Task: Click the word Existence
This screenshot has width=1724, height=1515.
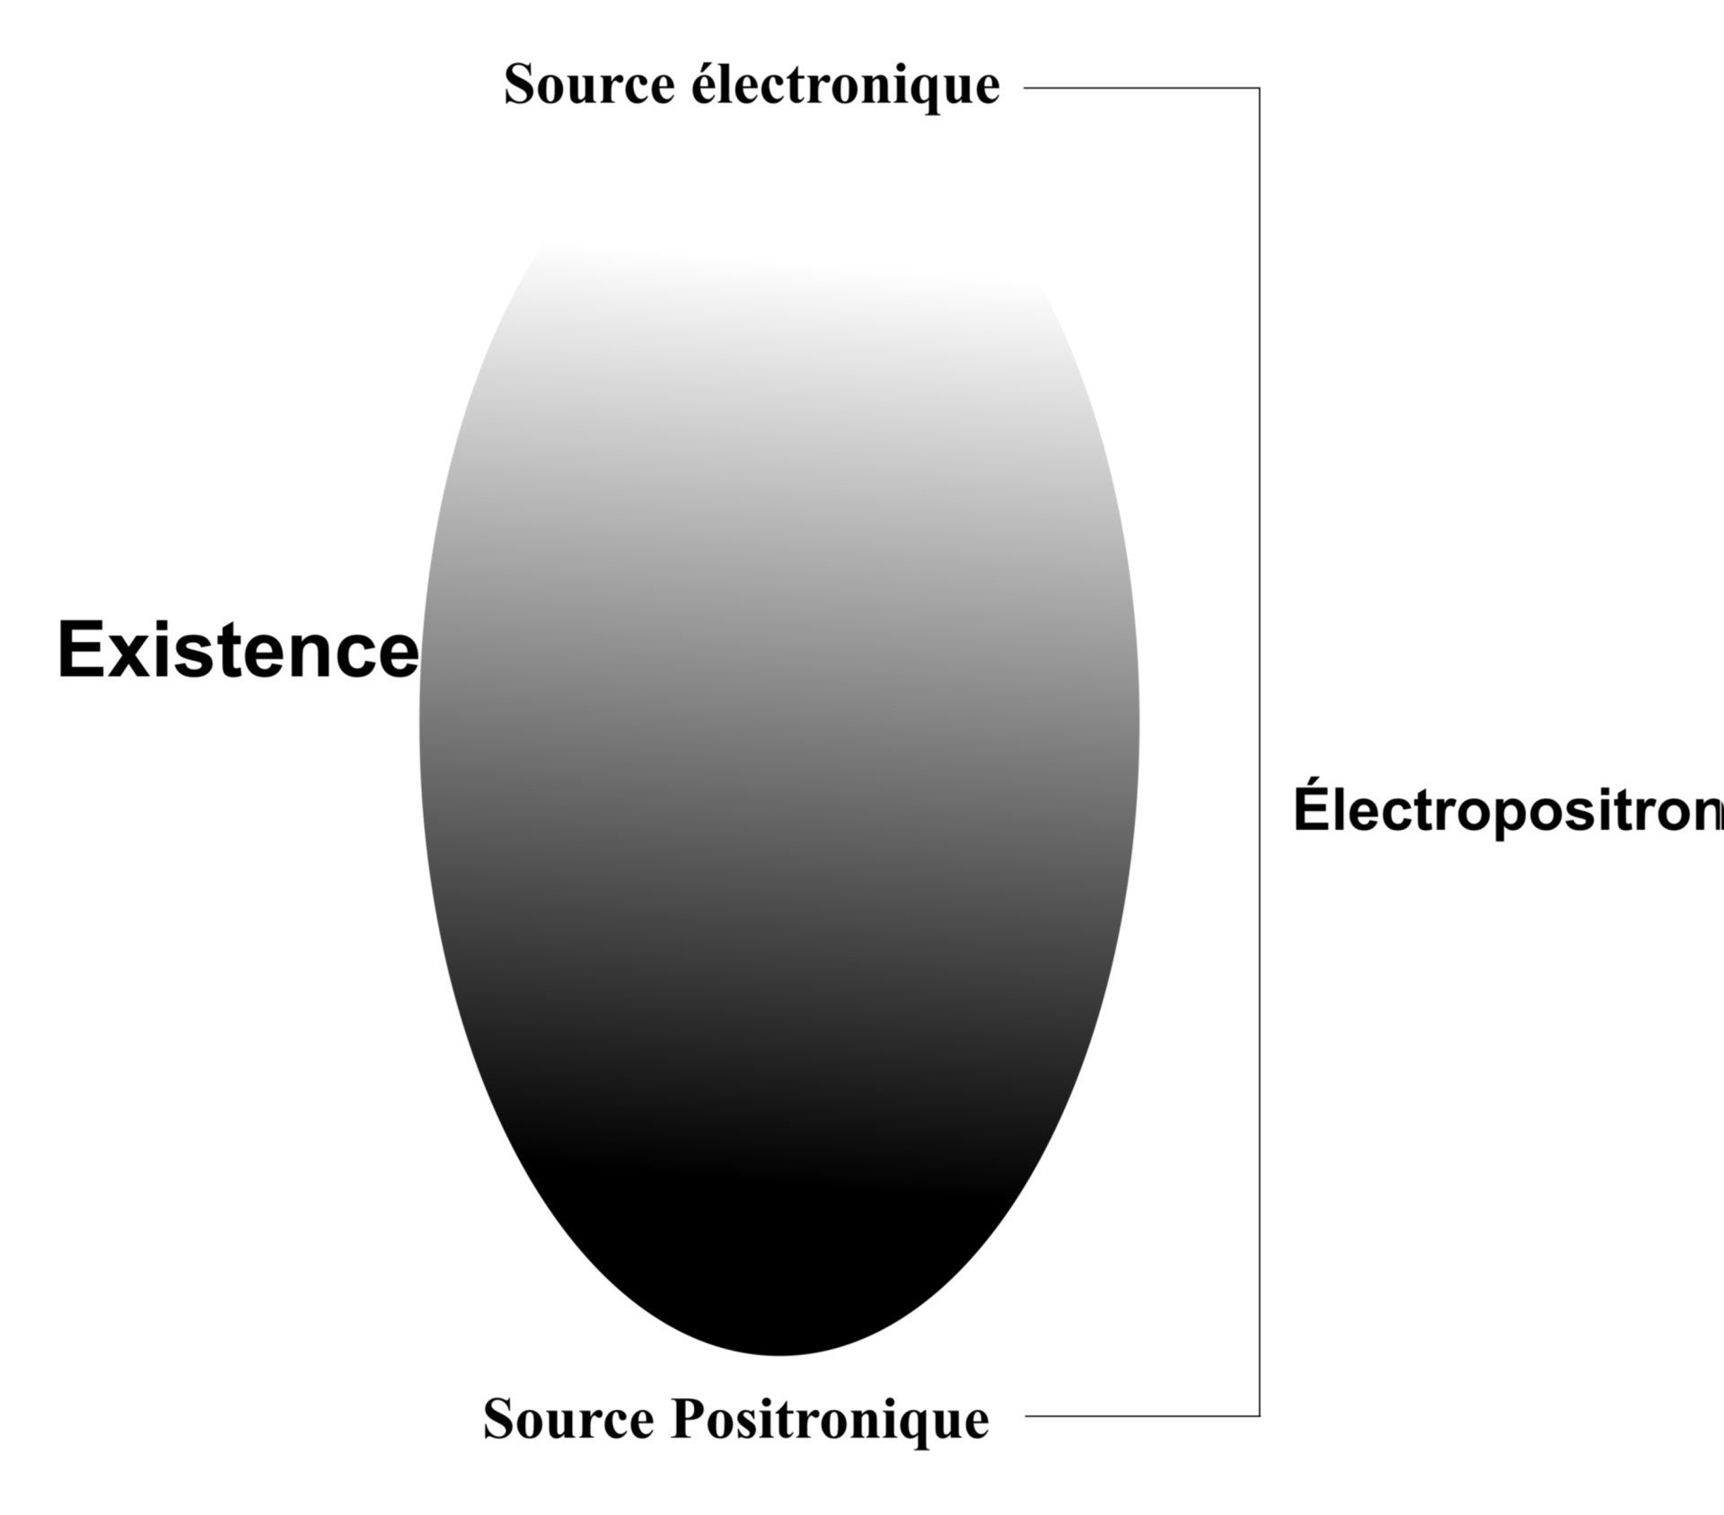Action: (x=238, y=650)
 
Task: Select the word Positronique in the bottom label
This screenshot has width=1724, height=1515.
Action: (x=829, y=1421)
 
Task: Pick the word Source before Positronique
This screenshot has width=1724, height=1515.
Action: (x=568, y=1421)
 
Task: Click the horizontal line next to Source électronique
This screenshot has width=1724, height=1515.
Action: (x=1140, y=88)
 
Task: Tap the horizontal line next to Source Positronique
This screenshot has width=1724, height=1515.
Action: (x=1140, y=1416)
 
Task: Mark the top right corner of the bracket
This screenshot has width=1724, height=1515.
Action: (x=1259, y=88)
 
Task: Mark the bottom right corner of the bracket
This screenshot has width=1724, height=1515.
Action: (x=1259, y=1416)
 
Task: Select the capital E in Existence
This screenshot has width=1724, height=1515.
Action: (x=78, y=650)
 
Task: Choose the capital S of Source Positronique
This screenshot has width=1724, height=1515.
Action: (x=498, y=1421)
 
